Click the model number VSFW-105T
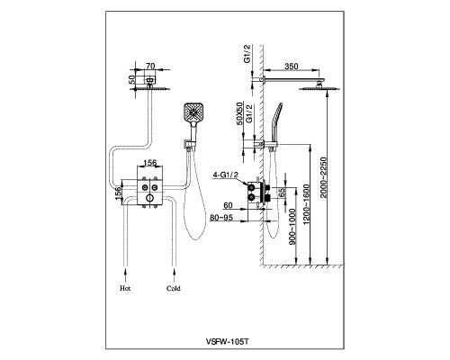click(227, 341)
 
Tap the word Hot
click(125, 288)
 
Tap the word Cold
click(174, 288)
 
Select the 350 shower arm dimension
click(291, 66)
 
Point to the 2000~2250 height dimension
click(323, 177)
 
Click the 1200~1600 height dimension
click(306, 204)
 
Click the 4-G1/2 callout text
click(225, 175)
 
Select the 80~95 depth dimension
click(221, 218)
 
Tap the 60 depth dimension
click(228, 205)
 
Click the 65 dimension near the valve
click(282, 193)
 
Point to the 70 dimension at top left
click(149, 66)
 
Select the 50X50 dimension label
click(239, 113)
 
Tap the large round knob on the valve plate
click(149, 198)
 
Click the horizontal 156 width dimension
click(150, 162)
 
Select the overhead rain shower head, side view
click(319, 88)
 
